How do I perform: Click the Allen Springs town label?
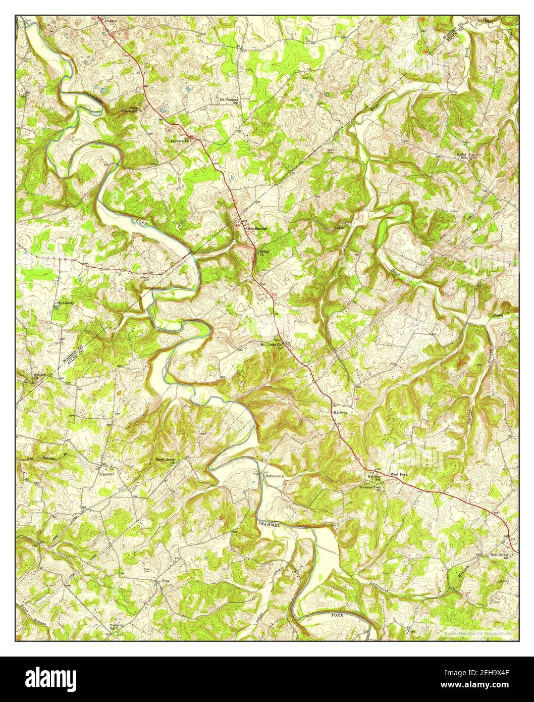click(x=255, y=228)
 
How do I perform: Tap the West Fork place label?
click(x=400, y=474)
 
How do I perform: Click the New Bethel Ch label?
click(x=501, y=556)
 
